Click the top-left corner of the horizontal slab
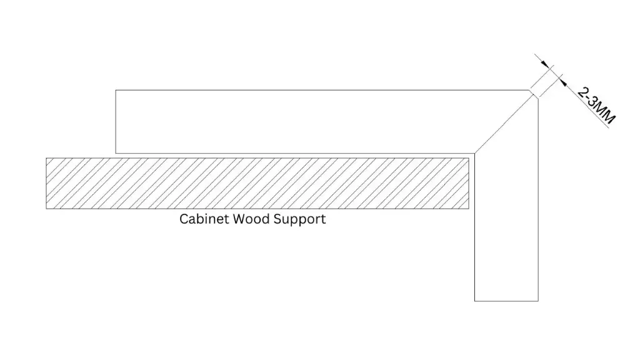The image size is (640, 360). click(x=116, y=91)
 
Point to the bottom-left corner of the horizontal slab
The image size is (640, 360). click(x=116, y=152)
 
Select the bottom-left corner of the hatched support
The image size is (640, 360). click(x=46, y=209)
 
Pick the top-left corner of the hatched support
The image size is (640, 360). click(x=46, y=157)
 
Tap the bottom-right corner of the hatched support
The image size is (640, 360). click(x=469, y=209)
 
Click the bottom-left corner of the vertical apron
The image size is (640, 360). click(x=475, y=301)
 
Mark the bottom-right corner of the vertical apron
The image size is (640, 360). click(x=538, y=301)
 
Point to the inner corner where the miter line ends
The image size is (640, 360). click(x=475, y=152)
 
